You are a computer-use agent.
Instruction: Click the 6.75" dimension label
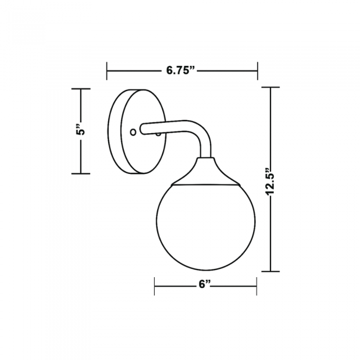(x=181, y=70)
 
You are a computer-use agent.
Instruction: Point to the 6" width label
(x=205, y=284)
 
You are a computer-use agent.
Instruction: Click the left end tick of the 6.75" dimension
(x=107, y=71)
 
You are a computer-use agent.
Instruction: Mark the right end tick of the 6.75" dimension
(x=257, y=71)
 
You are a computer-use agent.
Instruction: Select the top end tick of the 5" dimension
(x=81, y=89)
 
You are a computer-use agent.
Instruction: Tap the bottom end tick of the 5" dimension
(x=81, y=173)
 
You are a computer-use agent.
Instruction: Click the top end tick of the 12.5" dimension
(x=271, y=87)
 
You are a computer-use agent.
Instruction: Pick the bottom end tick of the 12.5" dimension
(x=271, y=271)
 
